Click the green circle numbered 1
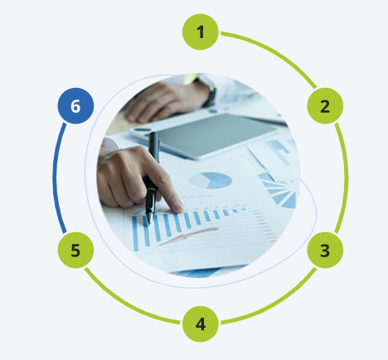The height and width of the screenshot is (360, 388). [x=201, y=32]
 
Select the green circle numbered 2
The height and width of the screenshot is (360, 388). [x=325, y=106]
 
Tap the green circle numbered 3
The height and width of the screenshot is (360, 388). [x=325, y=250]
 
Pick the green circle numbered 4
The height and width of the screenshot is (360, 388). [x=201, y=324]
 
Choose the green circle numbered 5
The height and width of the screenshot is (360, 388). [x=75, y=250]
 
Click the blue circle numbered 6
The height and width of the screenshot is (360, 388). [x=75, y=106]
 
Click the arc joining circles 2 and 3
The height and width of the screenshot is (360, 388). [x=347, y=178]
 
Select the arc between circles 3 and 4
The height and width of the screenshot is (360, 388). [x=276, y=304]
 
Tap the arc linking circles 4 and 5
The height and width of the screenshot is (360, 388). [x=125, y=304]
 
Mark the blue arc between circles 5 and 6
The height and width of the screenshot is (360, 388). [x=55, y=178]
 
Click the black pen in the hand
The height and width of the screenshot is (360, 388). [x=153, y=177]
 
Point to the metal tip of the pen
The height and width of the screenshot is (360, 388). [x=150, y=219]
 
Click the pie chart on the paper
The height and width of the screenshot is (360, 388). [x=211, y=181]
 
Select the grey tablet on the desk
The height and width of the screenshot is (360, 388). [x=204, y=135]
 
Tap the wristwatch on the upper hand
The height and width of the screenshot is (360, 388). [x=210, y=91]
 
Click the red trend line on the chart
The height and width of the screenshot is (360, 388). [x=188, y=236]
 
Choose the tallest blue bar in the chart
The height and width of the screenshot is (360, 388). [x=135, y=234]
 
